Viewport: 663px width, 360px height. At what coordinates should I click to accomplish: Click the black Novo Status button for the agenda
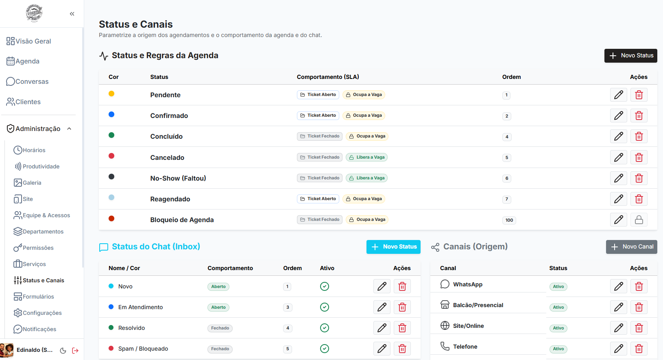tap(630, 56)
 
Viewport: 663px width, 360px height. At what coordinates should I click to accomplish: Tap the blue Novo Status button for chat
tap(393, 247)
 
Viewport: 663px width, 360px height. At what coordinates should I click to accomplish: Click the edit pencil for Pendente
tap(618, 95)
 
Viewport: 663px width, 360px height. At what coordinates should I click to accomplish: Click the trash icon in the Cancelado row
tap(639, 157)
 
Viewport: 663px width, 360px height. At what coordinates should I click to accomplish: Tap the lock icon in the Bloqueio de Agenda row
tap(639, 220)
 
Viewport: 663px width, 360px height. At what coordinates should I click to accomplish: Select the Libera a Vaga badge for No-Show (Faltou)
tap(367, 178)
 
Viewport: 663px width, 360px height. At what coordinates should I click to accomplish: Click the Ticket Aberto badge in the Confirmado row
tap(318, 116)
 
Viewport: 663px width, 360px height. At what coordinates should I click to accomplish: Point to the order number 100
tap(509, 220)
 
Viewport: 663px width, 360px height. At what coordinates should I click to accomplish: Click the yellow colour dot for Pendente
tap(111, 94)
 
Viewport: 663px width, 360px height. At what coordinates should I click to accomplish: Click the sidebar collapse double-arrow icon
tap(72, 14)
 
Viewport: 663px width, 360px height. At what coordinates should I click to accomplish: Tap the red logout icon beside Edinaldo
tap(76, 351)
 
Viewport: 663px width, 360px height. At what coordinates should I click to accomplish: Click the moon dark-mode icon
tap(63, 351)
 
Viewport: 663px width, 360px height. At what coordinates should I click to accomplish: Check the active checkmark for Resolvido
tap(325, 328)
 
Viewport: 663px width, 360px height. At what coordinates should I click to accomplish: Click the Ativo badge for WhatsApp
tap(558, 287)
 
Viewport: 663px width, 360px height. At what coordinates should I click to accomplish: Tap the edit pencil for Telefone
tap(618, 349)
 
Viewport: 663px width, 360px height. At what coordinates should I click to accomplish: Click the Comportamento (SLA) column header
tap(328, 77)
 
